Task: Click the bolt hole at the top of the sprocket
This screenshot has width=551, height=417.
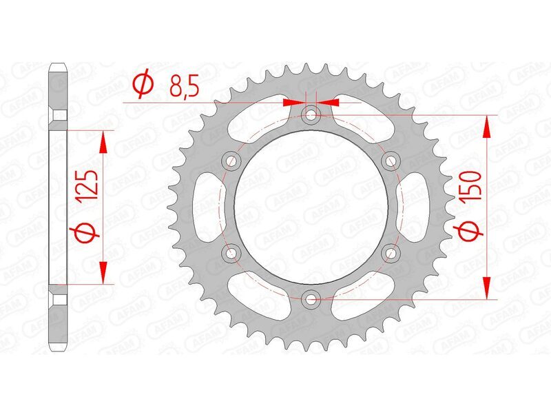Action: click(x=311, y=114)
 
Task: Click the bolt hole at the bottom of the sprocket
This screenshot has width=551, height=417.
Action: click(x=311, y=298)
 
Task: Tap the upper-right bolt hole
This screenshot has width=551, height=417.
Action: click(x=391, y=161)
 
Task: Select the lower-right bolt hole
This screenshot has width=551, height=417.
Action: click(x=391, y=252)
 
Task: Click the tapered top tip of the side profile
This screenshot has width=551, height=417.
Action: click(x=58, y=68)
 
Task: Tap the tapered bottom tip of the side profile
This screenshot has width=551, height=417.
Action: click(x=58, y=347)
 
